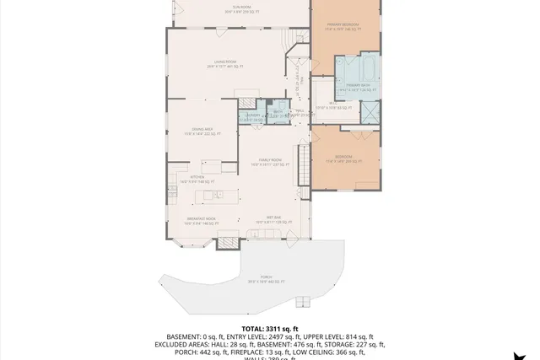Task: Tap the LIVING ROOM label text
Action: coord(224,63)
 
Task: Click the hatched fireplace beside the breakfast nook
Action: coord(229,244)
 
